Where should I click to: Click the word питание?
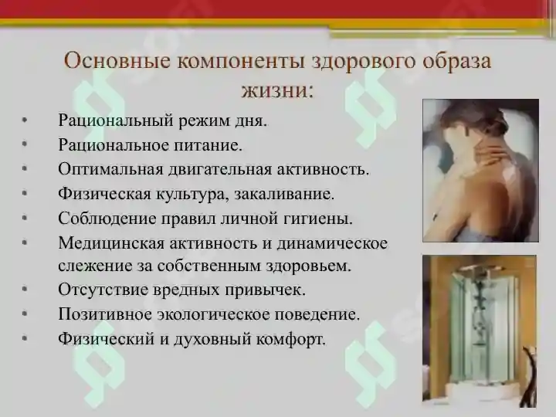[209, 145]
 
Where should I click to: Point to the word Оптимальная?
[103, 169]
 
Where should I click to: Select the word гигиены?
[320, 218]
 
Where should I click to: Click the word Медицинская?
[104, 242]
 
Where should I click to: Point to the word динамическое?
[340, 242]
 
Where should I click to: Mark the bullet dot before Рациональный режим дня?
[26, 121]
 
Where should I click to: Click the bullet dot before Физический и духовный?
[26, 338]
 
